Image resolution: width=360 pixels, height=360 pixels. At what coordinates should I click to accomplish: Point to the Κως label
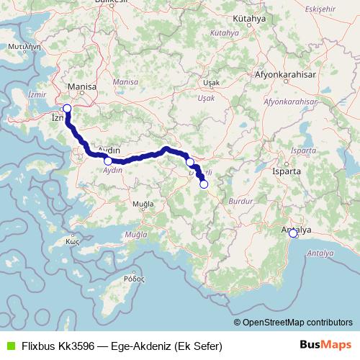[x=72, y=241]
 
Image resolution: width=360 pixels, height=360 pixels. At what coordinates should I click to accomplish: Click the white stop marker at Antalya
[x=293, y=233]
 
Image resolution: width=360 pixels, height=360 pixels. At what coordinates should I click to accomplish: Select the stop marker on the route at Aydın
[x=108, y=161]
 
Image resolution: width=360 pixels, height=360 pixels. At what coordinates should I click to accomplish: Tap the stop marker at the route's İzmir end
[x=67, y=109]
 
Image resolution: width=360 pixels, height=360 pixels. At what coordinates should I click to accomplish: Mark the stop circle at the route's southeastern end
[x=204, y=184]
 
